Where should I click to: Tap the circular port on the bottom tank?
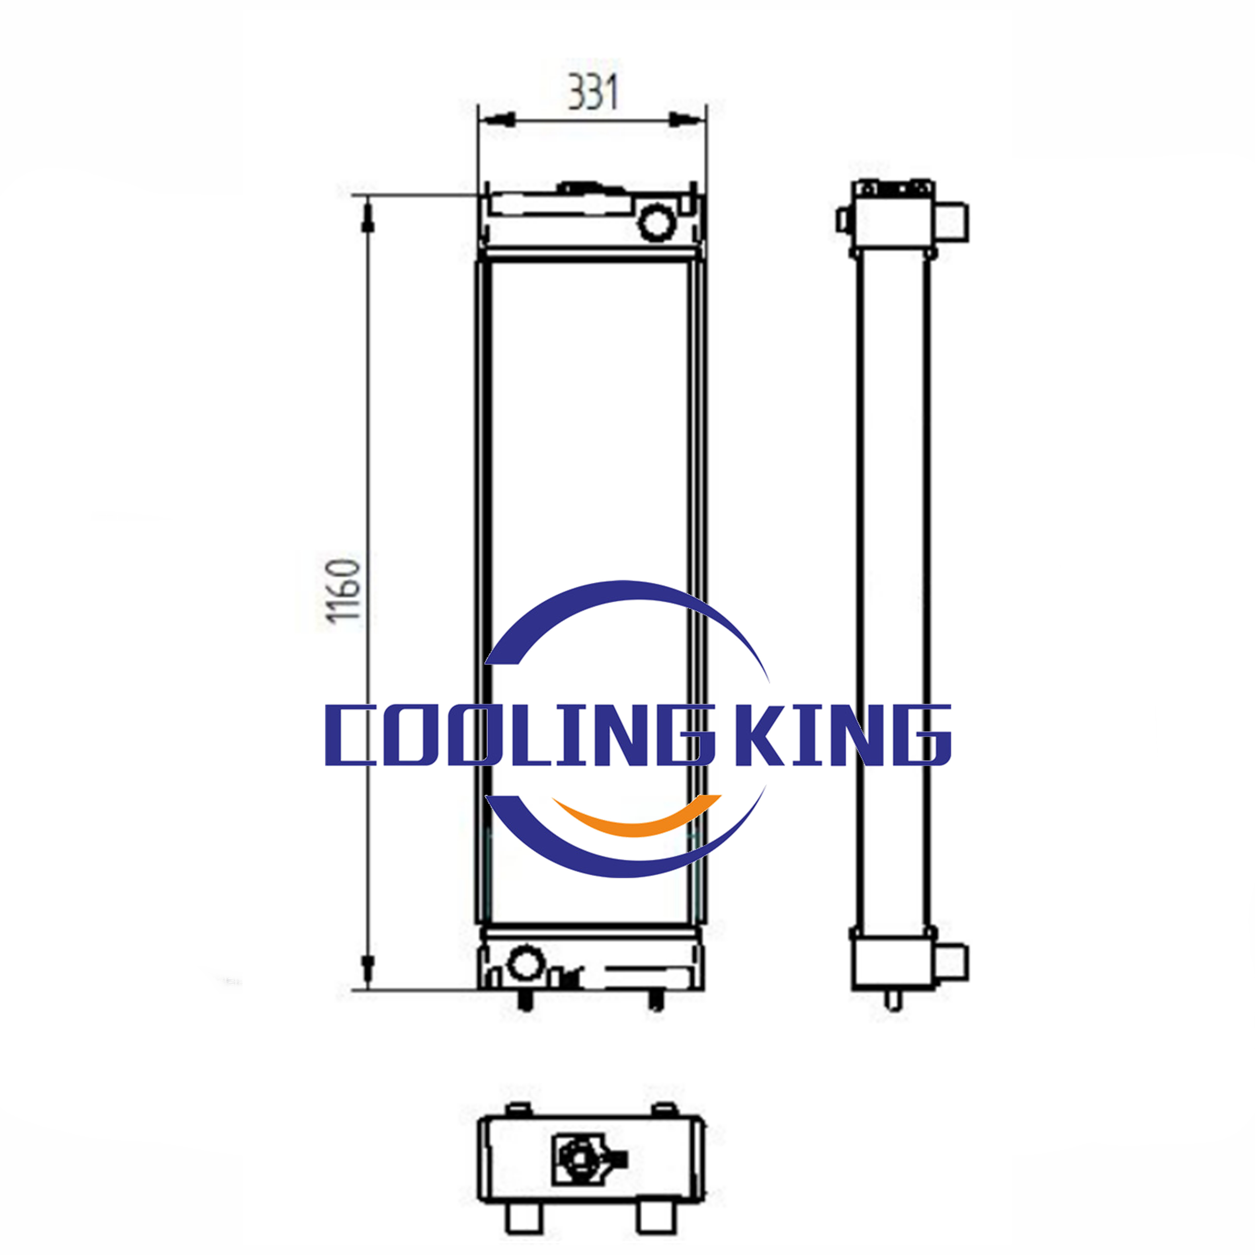point(525,963)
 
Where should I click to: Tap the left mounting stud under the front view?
point(526,1001)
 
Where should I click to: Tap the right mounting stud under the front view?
point(656,1001)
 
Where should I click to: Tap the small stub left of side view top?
point(843,220)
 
